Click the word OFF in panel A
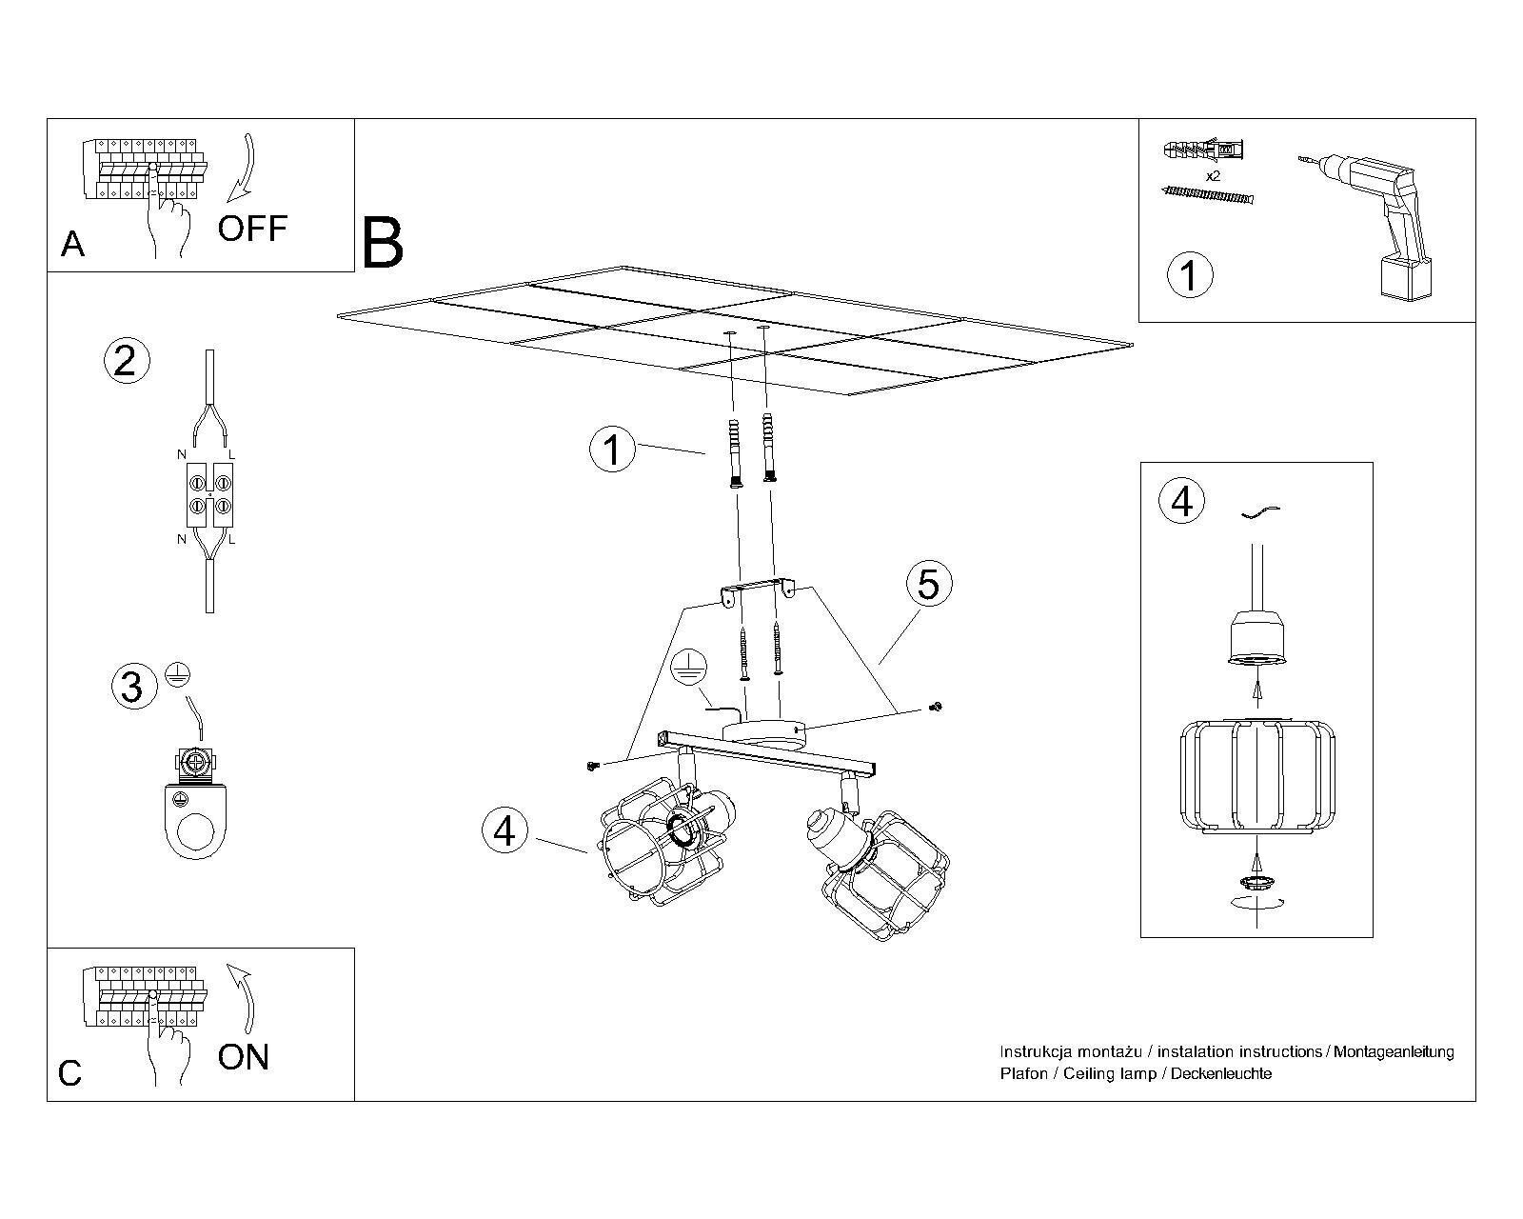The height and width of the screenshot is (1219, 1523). (x=252, y=229)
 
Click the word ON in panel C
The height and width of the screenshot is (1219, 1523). (x=244, y=1057)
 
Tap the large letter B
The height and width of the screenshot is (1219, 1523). (x=383, y=244)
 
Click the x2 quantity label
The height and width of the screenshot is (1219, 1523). (x=1213, y=177)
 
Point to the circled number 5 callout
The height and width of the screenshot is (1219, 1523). (x=928, y=583)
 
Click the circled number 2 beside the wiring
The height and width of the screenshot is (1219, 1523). (x=126, y=361)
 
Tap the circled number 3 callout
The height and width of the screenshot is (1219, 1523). (x=133, y=686)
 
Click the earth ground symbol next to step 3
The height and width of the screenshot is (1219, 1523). (x=174, y=673)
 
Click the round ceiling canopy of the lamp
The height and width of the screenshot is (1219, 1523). (x=764, y=733)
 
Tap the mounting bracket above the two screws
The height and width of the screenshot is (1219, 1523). (x=756, y=590)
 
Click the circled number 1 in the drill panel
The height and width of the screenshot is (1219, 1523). (x=1189, y=274)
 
